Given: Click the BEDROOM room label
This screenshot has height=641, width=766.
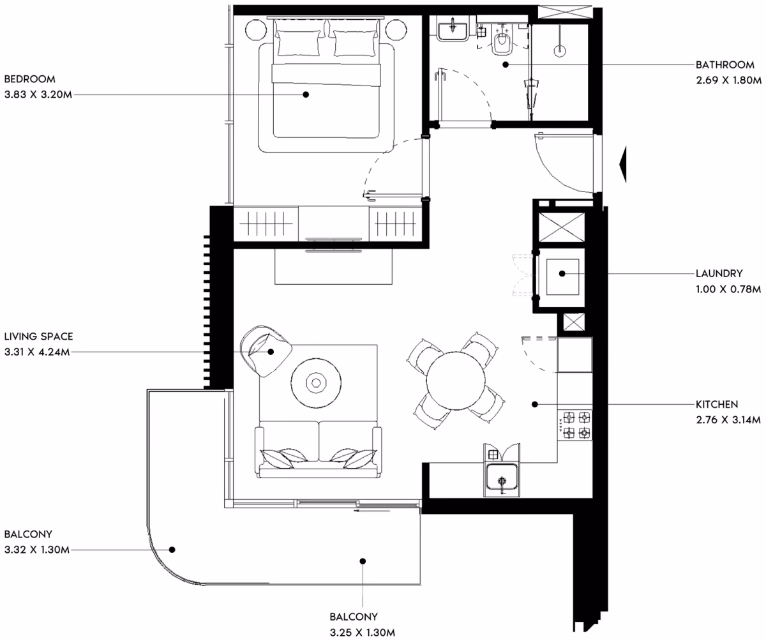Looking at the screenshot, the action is [30, 79].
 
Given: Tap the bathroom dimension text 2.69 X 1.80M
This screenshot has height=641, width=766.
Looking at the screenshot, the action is [728, 80].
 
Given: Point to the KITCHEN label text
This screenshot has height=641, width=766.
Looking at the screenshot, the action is [716, 404].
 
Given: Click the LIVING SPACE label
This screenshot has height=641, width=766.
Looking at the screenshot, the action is [38, 336].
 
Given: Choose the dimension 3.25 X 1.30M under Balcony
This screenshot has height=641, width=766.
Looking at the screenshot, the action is [362, 633].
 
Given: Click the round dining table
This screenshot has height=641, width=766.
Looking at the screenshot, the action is [455, 381].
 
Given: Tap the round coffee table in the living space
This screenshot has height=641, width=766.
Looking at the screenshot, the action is [316, 382].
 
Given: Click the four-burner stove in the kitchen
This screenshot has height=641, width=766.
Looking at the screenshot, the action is [575, 425].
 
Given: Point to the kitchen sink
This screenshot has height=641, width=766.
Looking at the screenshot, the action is [502, 477].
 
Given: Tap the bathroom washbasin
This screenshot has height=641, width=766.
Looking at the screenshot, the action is [453, 31].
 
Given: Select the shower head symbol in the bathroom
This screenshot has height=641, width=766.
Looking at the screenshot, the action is [559, 50].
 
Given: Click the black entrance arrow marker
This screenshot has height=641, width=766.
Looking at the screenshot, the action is [622, 164].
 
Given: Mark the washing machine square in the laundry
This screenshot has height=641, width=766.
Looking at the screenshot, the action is [562, 276].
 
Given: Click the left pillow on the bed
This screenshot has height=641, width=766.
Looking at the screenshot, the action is [297, 43].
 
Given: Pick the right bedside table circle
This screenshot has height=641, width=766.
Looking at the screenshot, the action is [396, 30].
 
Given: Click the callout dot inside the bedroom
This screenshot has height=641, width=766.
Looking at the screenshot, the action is [306, 94].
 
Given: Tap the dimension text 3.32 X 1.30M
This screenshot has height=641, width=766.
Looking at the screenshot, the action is [36, 550].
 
